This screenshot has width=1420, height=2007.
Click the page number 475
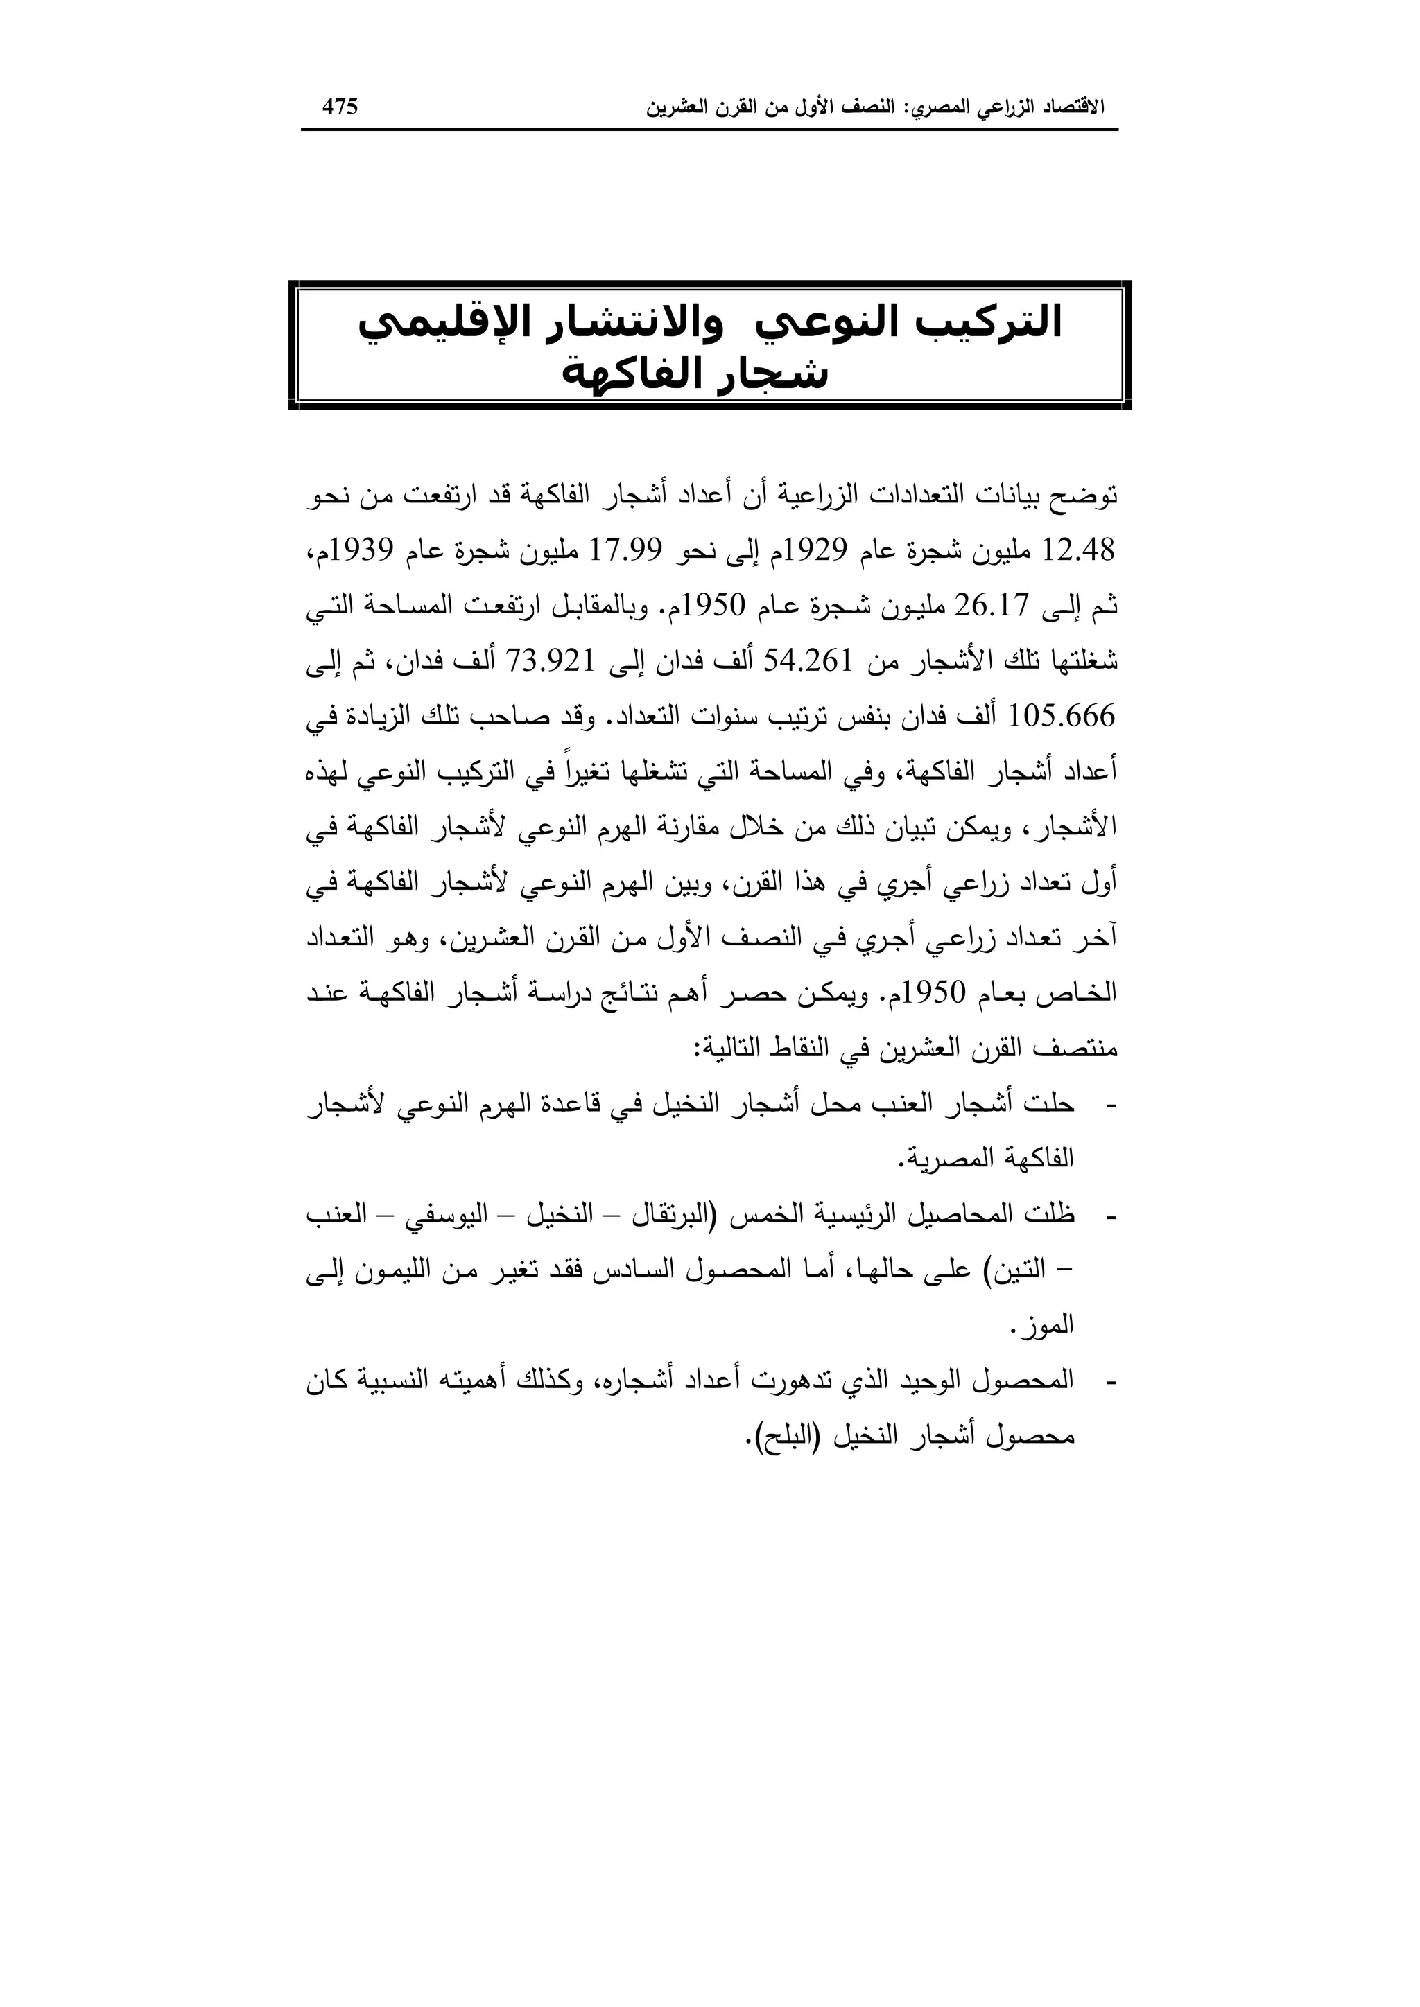(x=340, y=107)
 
